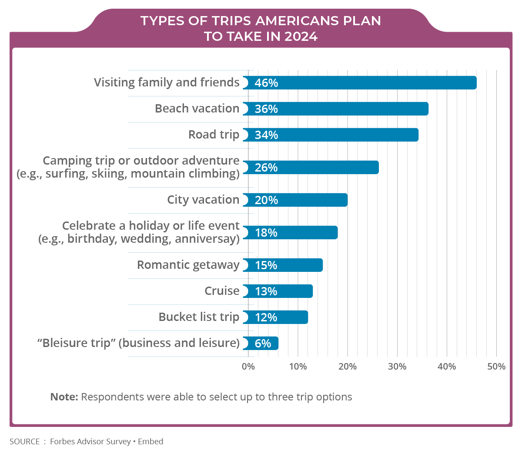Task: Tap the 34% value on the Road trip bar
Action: tap(266, 135)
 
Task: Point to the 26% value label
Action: tap(266, 168)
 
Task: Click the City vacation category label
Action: tap(203, 200)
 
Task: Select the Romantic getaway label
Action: tap(188, 265)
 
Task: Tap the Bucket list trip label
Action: tap(199, 317)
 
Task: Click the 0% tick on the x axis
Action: tap(248, 367)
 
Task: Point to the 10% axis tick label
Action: tap(298, 367)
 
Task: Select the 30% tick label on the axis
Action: tap(397, 367)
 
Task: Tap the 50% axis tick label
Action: tap(496, 367)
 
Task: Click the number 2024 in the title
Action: tap(301, 36)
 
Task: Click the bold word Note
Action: tap(64, 397)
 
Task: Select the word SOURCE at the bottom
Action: tap(25, 442)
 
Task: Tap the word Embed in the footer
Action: tap(151, 442)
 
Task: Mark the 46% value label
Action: tap(266, 83)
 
